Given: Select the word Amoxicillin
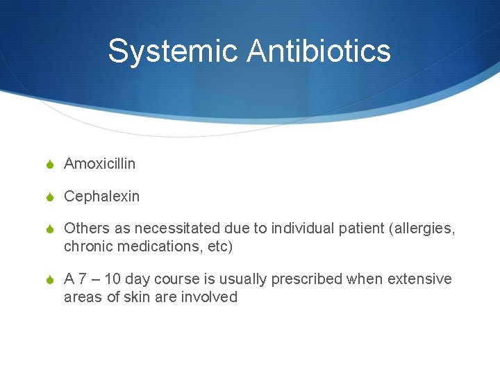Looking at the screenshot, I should tap(99, 164).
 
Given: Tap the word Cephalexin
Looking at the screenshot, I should tap(101, 197).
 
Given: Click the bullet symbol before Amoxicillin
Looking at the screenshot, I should tap(49, 165).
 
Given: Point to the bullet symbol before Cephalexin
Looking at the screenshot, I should tap(49, 197).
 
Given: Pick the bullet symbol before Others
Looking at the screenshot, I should tap(49, 229).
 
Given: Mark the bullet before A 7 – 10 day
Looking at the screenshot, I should tap(49, 280).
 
